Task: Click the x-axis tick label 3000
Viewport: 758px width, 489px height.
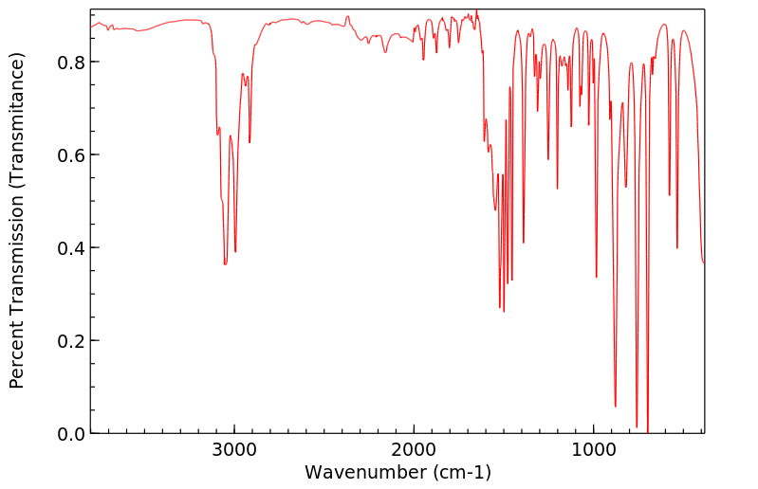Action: (234, 449)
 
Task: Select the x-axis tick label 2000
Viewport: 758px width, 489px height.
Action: (414, 449)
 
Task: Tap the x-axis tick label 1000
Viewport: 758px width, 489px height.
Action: (593, 449)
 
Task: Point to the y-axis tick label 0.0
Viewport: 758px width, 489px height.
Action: (71, 434)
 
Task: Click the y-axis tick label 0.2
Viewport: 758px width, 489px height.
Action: (71, 341)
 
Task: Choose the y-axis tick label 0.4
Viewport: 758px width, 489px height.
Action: (71, 248)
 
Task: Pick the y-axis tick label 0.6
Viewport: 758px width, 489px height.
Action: (71, 155)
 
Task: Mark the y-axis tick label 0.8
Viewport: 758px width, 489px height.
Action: (71, 63)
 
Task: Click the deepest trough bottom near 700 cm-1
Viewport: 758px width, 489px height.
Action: (648, 431)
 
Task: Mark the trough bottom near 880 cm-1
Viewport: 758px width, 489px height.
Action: (615, 406)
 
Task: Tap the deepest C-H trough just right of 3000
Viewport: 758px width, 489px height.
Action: (225, 263)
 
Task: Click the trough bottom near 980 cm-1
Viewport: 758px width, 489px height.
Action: (596, 277)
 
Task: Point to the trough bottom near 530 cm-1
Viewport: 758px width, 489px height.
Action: (677, 248)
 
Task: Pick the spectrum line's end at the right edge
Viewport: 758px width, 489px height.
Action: (703, 263)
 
